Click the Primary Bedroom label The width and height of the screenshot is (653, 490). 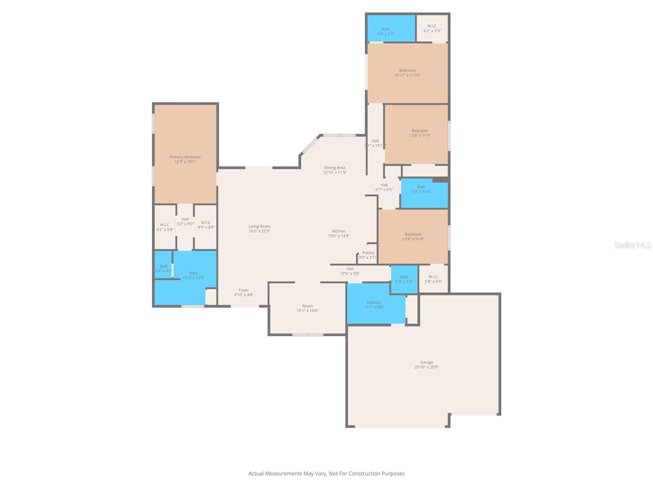[185, 157]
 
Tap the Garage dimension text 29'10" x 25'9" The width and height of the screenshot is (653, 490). [426, 367]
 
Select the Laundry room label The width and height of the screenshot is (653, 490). [374, 303]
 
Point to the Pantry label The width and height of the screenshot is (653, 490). [368, 253]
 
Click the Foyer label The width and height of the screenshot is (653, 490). [244, 290]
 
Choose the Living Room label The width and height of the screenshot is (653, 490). [259, 226]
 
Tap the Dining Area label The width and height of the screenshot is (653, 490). [335, 167]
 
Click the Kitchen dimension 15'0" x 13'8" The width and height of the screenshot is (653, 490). [339, 236]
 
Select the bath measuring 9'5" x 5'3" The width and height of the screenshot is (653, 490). [386, 31]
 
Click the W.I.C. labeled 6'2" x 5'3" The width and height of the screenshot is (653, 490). [432, 28]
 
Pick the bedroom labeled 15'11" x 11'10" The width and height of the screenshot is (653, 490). [407, 73]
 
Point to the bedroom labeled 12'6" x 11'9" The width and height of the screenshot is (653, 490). [420, 133]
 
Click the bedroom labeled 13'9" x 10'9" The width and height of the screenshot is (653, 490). [413, 236]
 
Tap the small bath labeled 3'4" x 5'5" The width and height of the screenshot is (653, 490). [163, 268]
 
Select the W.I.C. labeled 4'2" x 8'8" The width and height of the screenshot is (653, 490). [165, 227]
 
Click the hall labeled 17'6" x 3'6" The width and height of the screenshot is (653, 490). [350, 271]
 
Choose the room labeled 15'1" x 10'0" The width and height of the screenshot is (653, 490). [307, 308]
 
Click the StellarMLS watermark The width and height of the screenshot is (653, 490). [632, 245]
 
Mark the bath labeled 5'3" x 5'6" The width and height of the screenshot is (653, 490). [404, 279]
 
